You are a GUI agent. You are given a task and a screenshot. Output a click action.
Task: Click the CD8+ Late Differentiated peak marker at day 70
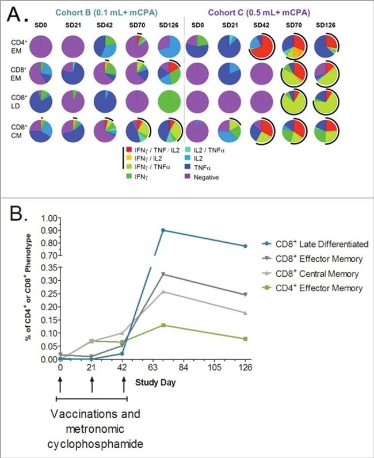click(163, 230)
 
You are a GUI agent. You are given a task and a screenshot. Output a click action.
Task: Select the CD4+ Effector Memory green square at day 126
click(246, 339)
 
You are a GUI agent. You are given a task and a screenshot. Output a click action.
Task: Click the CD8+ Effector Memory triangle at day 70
click(163, 274)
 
